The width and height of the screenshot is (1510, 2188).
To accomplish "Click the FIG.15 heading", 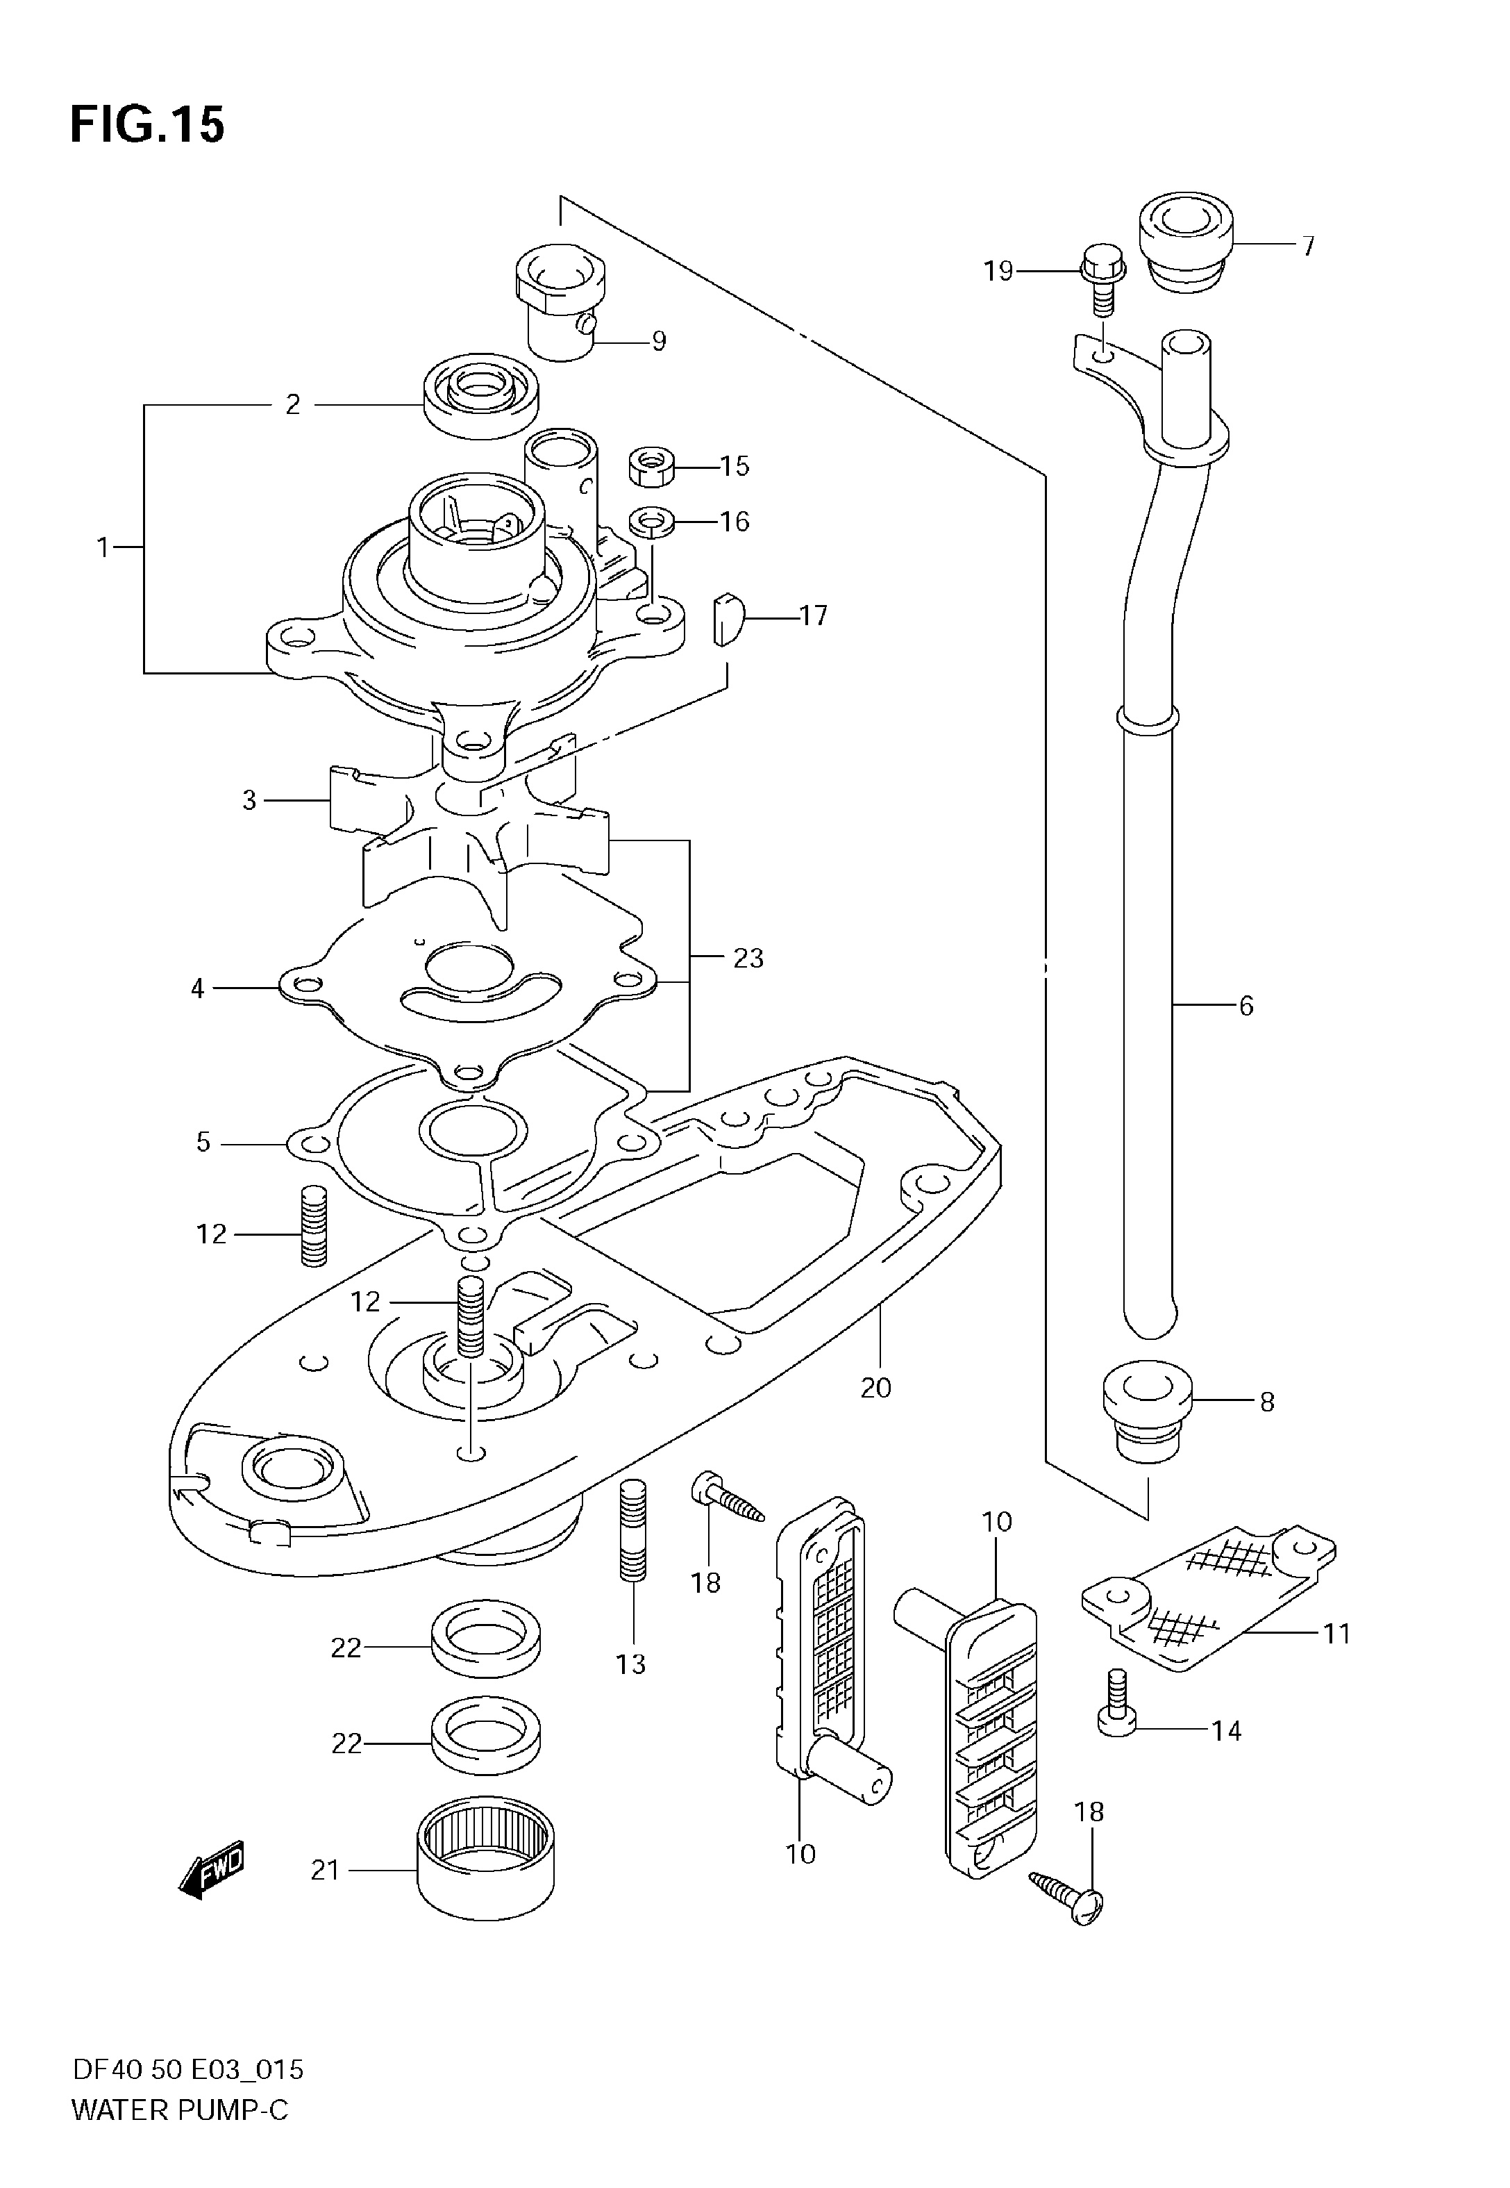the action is tap(148, 125).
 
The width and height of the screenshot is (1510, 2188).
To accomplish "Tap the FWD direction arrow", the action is tap(211, 1866).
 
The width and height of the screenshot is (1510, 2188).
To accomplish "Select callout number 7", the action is tap(1307, 246).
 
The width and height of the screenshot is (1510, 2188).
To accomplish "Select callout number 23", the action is tap(748, 959).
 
